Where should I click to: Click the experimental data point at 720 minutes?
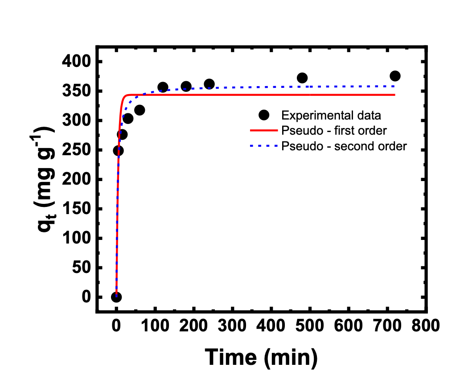tap(394, 76)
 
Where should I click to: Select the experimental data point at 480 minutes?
tap(302, 78)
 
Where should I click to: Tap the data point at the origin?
tap(116, 297)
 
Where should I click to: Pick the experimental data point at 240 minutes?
tap(209, 84)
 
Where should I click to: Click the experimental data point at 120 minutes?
tap(163, 87)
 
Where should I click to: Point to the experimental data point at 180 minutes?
tap(186, 87)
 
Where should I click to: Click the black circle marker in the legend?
tap(264, 116)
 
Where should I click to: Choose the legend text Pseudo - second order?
tap(344, 146)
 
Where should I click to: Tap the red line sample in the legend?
tap(264, 131)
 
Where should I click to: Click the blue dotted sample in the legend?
tap(264, 146)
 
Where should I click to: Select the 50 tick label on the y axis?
tap(82, 268)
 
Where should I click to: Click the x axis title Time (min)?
tap(261, 357)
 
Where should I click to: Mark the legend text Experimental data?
tap(331, 116)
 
